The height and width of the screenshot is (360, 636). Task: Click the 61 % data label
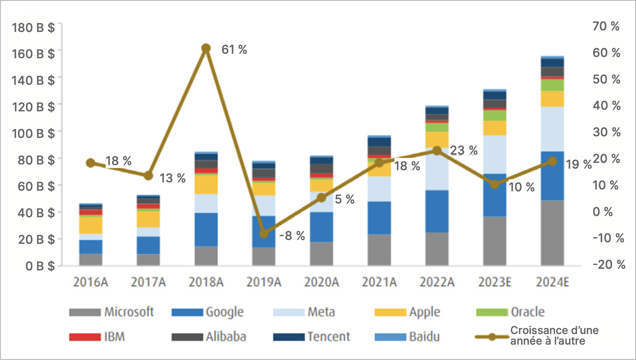(x=234, y=50)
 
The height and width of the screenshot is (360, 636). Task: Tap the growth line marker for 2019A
(x=264, y=233)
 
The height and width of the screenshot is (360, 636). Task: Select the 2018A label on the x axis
(x=206, y=282)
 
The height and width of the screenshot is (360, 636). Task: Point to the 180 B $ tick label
(x=33, y=28)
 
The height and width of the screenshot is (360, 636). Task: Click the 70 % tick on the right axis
(x=606, y=26)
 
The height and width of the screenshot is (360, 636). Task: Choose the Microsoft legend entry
(x=111, y=312)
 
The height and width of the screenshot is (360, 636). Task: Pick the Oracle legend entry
(x=511, y=312)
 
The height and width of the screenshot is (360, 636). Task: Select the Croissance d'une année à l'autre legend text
(x=554, y=335)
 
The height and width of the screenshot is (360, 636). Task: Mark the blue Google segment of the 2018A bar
(x=206, y=229)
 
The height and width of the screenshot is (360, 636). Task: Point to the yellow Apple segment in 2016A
(x=91, y=225)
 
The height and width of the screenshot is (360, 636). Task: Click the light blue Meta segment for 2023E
(x=495, y=154)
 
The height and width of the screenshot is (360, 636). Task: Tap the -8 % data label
(x=292, y=236)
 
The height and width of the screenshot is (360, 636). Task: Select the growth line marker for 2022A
(x=437, y=151)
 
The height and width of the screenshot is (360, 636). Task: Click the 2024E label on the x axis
(x=553, y=282)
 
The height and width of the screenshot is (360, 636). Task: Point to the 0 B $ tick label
(x=40, y=266)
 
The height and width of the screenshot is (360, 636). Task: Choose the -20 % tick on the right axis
(x=609, y=265)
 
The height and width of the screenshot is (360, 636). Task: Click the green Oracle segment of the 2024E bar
(x=553, y=85)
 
